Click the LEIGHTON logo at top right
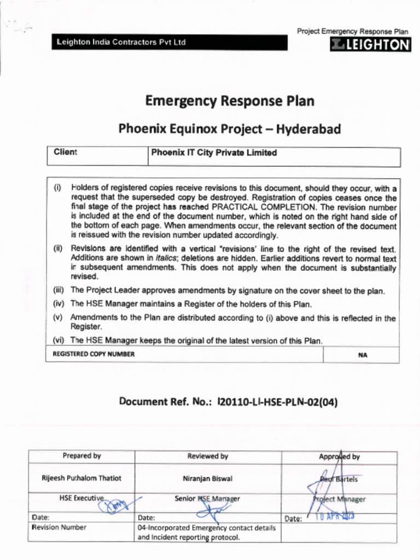pyautogui.click(x=370, y=45)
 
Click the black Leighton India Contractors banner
pyautogui.click(x=170, y=43)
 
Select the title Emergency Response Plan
pyautogui.click(x=230, y=101)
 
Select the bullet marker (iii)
pyautogui.click(x=59, y=290)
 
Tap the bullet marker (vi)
pyautogui.click(x=59, y=340)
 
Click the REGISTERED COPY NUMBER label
pyautogui.click(x=94, y=354)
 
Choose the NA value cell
pyautogui.click(x=362, y=355)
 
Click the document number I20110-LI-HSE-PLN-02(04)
pyautogui.click(x=277, y=402)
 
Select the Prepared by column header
pyautogui.click(x=81, y=456)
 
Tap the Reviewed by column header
pyautogui.click(x=208, y=456)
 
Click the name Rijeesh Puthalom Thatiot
pyautogui.click(x=81, y=478)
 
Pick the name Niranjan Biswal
pyautogui.click(x=208, y=479)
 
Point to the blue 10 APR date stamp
pyautogui.click(x=334, y=516)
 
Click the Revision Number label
pyautogui.click(x=59, y=528)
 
